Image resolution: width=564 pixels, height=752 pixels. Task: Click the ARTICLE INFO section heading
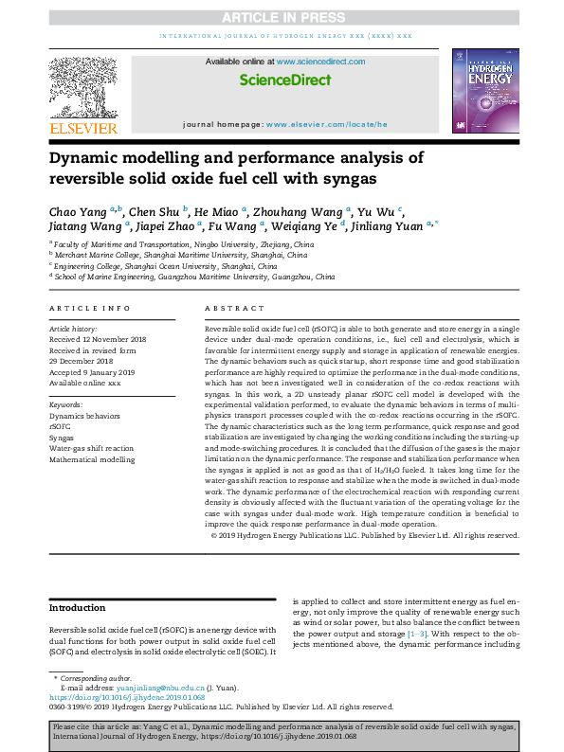click(x=90, y=309)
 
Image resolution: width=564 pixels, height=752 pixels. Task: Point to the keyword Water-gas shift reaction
click(x=91, y=448)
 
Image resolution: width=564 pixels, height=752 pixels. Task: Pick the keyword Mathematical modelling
click(x=92, y=458)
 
